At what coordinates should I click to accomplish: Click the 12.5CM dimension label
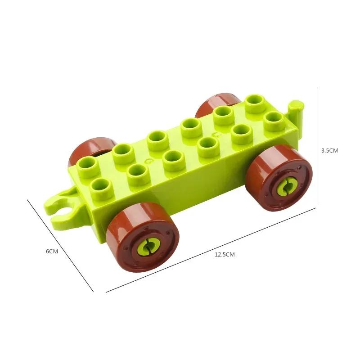tap(225, 254)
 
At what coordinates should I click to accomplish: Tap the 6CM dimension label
tap(52, 251)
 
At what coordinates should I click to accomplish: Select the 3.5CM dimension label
tap(329, 151)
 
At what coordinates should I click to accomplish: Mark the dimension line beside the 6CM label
tap(61, 246)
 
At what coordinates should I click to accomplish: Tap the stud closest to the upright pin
tap(273, 119)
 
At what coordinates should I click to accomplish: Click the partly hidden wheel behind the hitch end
tap(88, 148)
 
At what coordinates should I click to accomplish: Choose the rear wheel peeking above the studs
tap(216, 102)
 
